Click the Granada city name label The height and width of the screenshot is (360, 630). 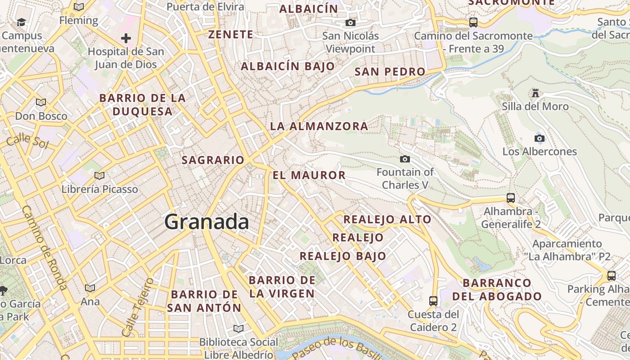coord(207,222)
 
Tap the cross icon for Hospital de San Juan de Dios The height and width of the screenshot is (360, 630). coord(126,38)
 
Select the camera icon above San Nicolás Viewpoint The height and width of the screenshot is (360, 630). coord(351,22)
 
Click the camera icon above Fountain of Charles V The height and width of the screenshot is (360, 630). coord(405,159)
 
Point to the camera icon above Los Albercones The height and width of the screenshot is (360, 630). coord(539,138)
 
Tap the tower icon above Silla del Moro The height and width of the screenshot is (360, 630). coord(535,93)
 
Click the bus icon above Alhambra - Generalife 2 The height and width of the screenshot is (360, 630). coord(511,198)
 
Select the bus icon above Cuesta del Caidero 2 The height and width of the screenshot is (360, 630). coord(433,301)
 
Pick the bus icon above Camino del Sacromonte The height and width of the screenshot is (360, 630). coord(473,22)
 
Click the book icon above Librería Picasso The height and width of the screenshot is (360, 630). coord(99,175)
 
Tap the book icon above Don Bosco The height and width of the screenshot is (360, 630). coord(41,102)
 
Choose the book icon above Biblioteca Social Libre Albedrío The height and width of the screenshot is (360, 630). coord(238,328)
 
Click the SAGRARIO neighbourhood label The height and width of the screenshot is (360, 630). coord(213,160)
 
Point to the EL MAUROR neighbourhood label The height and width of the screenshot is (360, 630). coord(309,175)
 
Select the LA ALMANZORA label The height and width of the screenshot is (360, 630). coord(319,126)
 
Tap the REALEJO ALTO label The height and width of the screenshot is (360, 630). coord(387,220)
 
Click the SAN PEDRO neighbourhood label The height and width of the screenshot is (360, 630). coord(390,72)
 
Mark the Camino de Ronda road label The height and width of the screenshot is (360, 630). coord(44,247)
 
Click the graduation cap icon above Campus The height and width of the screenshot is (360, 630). coord(21,22)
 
